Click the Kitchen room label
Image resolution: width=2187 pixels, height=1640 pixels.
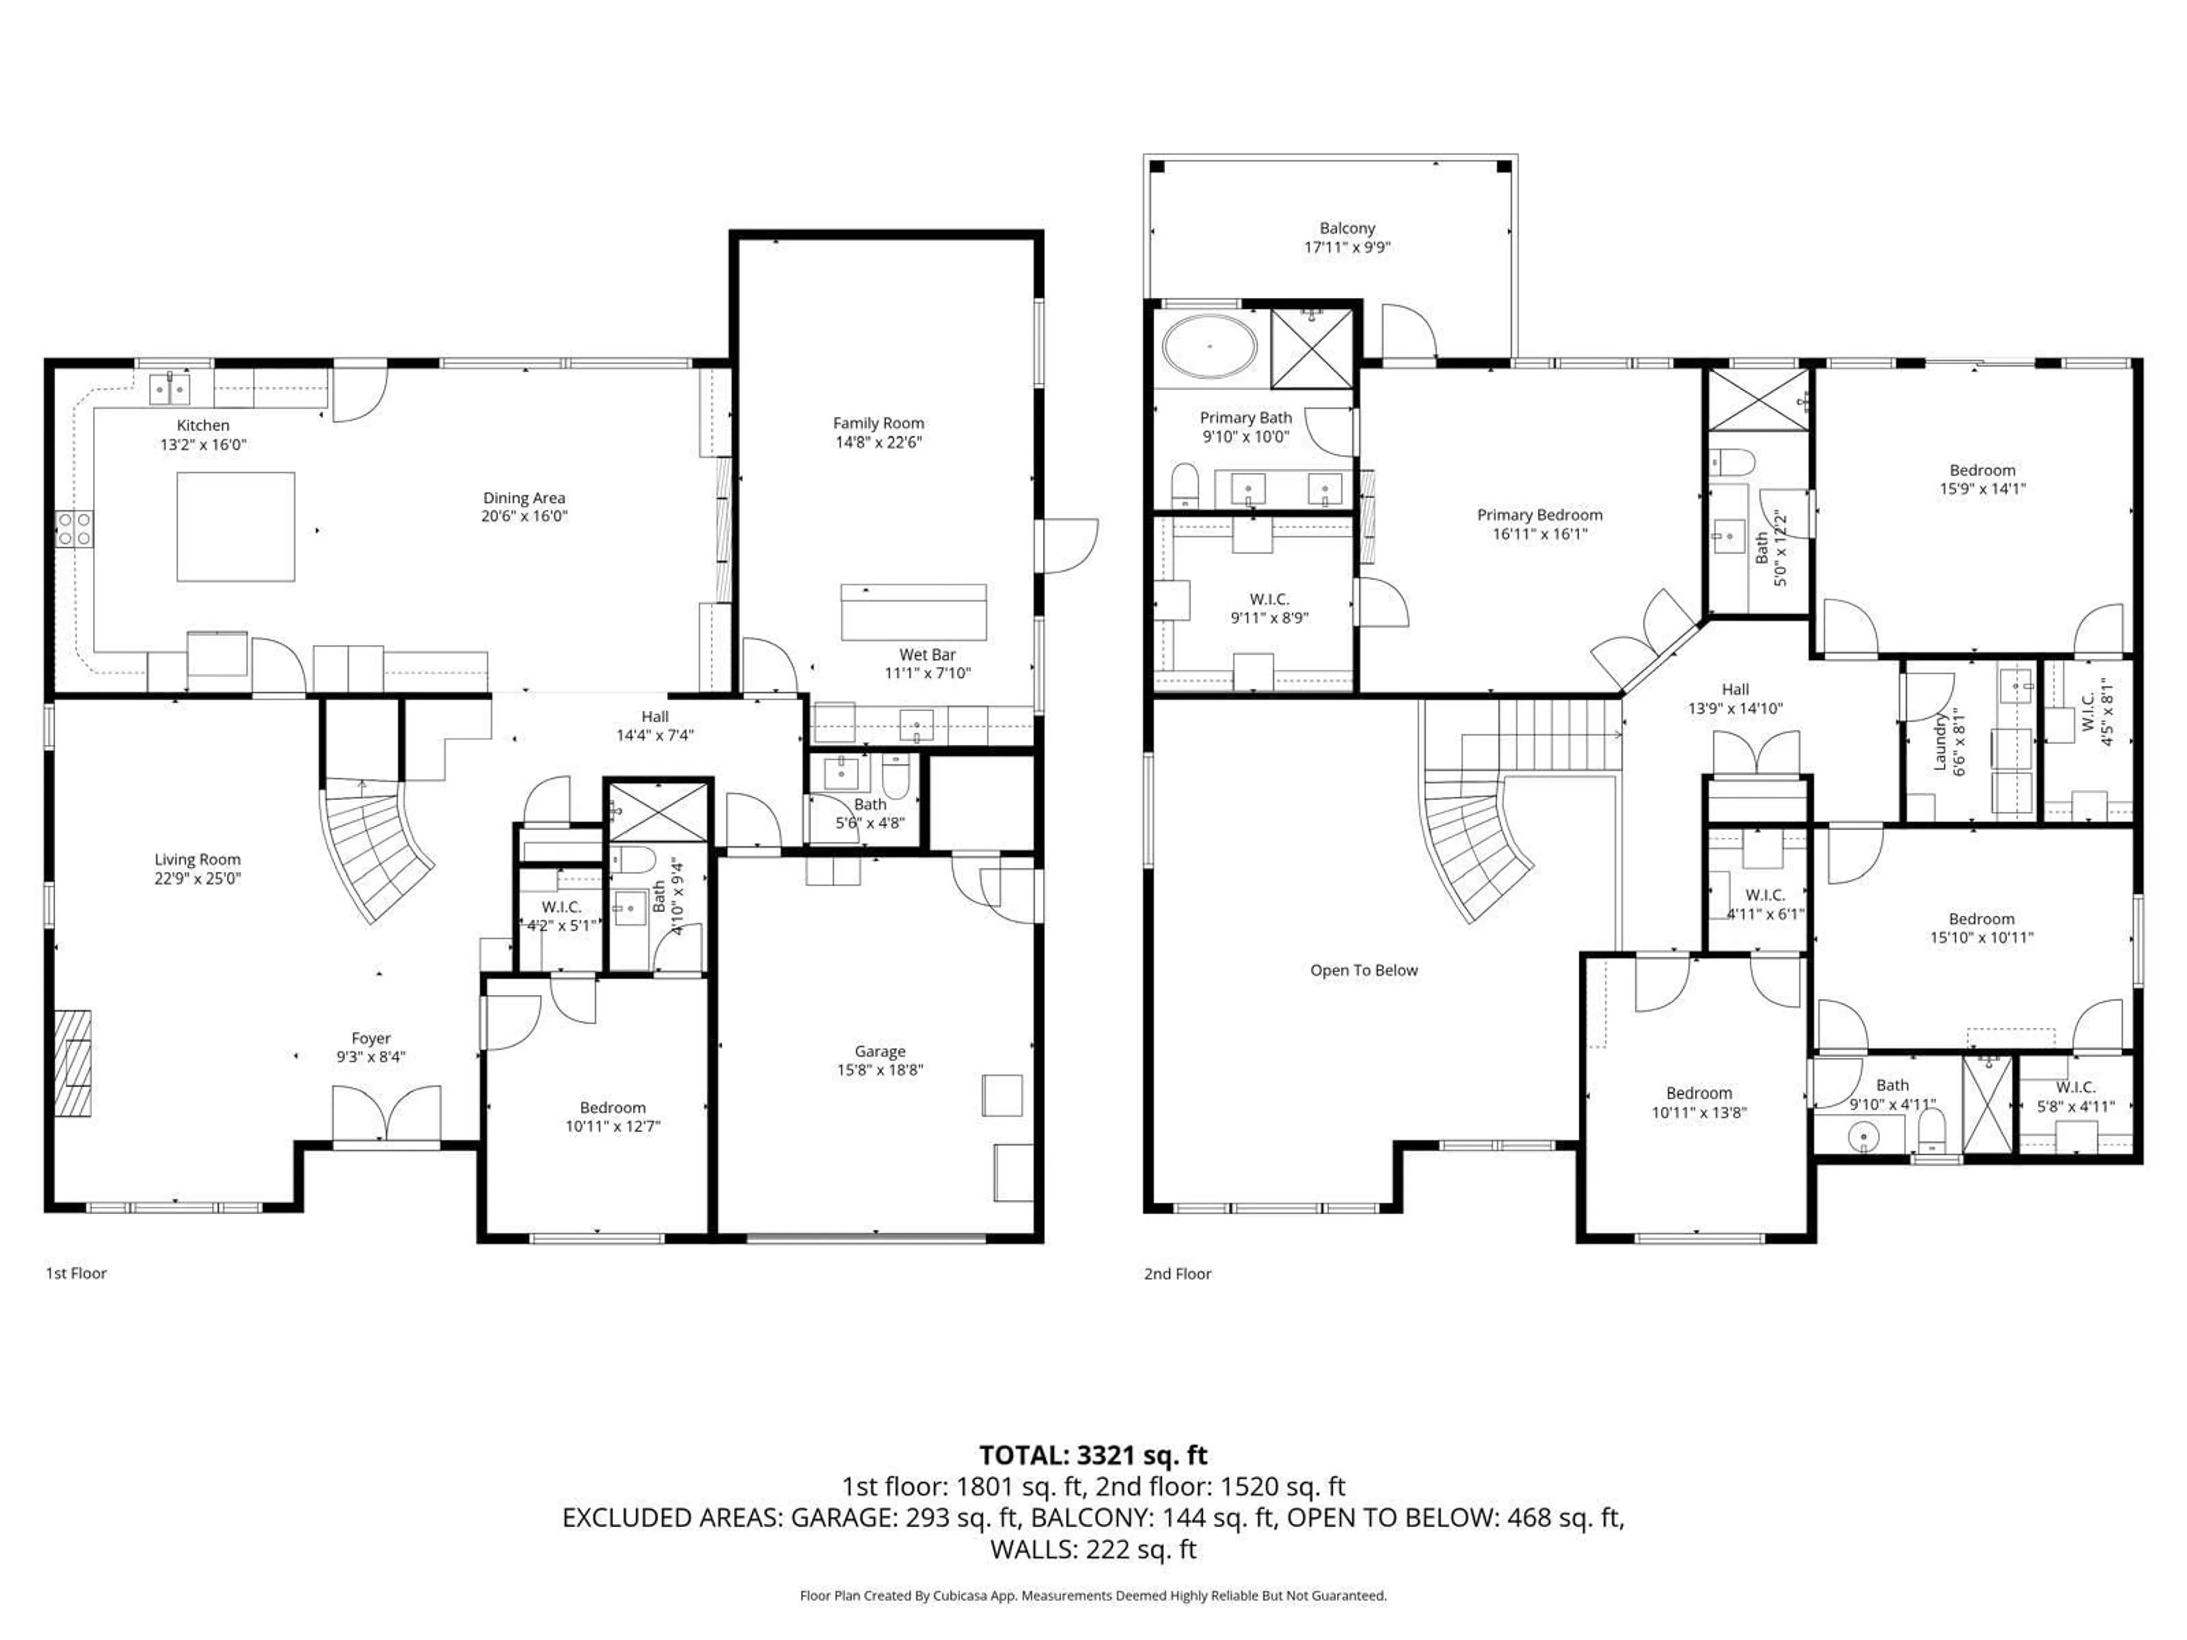(203, 425)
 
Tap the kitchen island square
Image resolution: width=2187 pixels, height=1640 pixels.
(235, 527)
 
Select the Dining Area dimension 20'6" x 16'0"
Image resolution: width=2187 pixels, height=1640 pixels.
(524, 516)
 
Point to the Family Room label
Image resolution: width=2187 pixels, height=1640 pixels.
(878, 423)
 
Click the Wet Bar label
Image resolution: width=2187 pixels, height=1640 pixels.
(927, 654)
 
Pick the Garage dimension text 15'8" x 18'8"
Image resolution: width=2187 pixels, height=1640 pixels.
(880, 1069)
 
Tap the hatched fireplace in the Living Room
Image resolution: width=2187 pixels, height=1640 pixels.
(73, 1063)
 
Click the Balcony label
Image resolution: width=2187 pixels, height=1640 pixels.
(1346, 228)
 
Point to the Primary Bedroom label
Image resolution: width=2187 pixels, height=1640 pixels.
(1539, 515)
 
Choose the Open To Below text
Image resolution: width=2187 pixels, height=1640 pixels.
(1363, 971)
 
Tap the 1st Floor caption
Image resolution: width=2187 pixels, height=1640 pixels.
(76, 1273)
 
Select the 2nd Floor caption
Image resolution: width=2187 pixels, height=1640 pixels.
(1177, 1274)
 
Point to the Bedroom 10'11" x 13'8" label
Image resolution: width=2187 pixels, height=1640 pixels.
(1698, 1093)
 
